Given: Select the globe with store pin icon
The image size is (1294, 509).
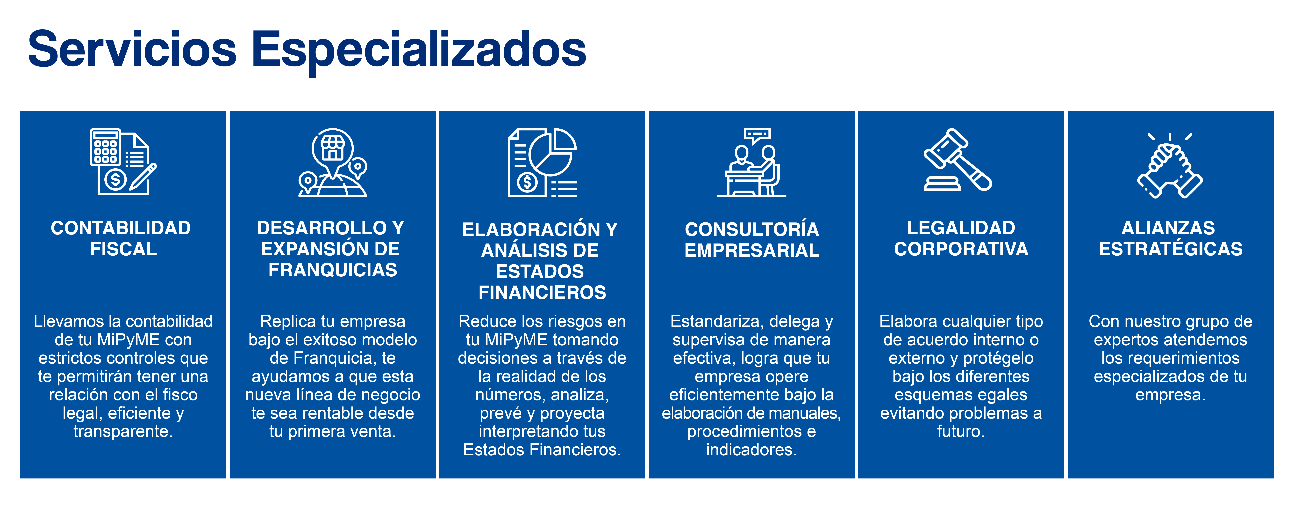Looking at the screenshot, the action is tap(333, 162).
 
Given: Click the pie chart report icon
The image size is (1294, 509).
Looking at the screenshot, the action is tap(542, 162).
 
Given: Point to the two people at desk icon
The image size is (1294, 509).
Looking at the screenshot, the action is tap(751, 162).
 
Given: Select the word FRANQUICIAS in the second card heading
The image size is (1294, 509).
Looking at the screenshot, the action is tap(333, 270).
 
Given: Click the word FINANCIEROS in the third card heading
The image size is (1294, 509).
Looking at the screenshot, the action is tap(542, 292).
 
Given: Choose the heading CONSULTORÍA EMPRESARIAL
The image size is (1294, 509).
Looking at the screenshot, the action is tap(751, 240).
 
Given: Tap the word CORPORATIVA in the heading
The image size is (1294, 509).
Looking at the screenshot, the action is tap(961, 249).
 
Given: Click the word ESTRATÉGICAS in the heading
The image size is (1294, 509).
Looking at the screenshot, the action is tap(1170, 249).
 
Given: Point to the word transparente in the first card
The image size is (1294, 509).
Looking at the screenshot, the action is tap(123, 431).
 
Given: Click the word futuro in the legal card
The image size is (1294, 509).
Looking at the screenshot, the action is tap(960, 431).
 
